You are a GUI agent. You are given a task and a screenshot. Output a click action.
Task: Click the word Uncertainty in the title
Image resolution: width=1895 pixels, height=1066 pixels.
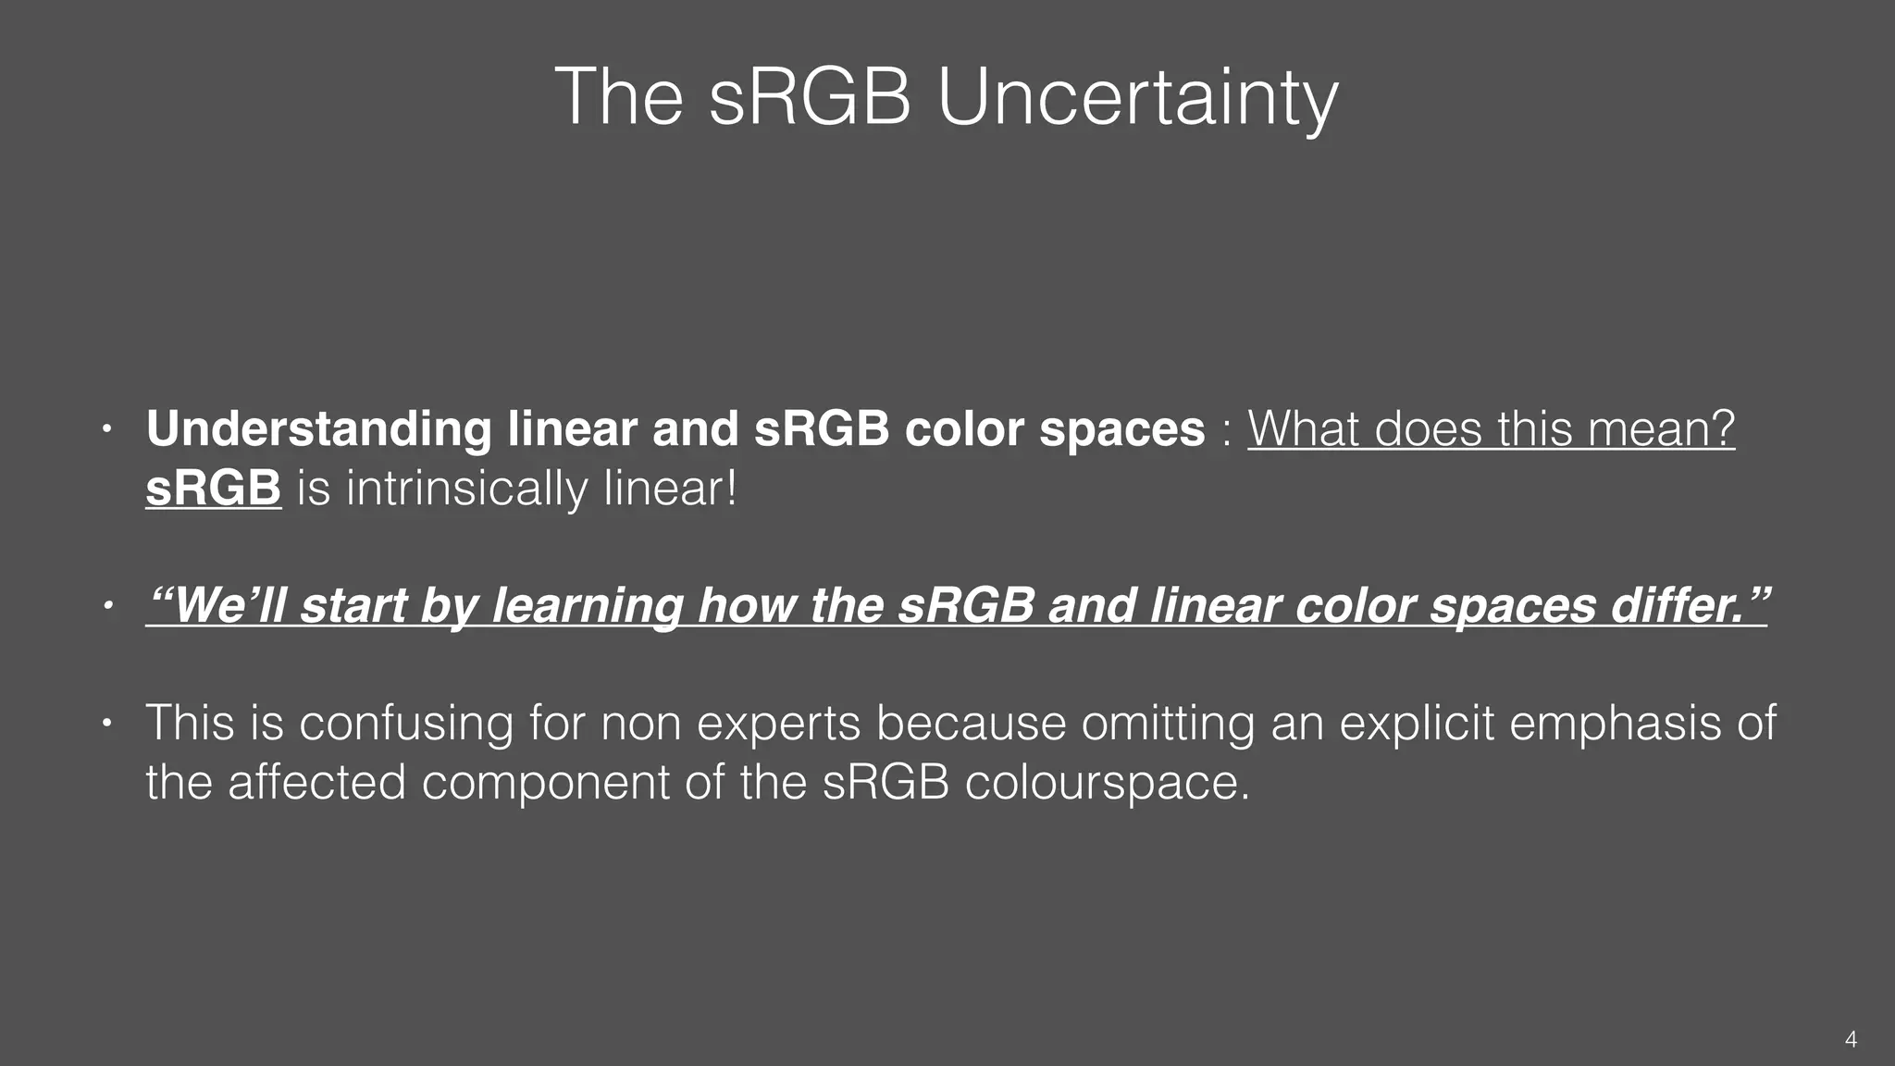point(1137,97)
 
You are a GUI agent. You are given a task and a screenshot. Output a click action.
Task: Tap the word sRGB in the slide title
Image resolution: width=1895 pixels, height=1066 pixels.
point(810,97)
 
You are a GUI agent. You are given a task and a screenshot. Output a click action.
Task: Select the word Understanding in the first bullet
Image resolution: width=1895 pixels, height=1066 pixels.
point(318,429)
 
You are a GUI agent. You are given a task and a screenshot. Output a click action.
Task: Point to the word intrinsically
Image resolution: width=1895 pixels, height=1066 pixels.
point(467,489)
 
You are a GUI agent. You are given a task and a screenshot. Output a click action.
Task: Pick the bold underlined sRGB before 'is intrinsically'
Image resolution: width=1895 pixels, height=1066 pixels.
point(213,489)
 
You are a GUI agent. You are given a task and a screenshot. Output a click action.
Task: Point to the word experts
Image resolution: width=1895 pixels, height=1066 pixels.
point(778,725)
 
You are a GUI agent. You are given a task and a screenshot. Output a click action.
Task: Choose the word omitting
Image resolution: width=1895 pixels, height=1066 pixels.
point(1168,723)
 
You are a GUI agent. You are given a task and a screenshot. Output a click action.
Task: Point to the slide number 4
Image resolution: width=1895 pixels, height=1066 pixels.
point(1851,1039)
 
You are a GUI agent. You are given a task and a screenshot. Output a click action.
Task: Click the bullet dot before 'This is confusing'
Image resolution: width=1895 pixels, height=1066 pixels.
point(107,723)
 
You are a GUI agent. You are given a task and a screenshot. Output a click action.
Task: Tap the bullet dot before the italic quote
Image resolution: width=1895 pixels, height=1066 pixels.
point(107,606)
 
